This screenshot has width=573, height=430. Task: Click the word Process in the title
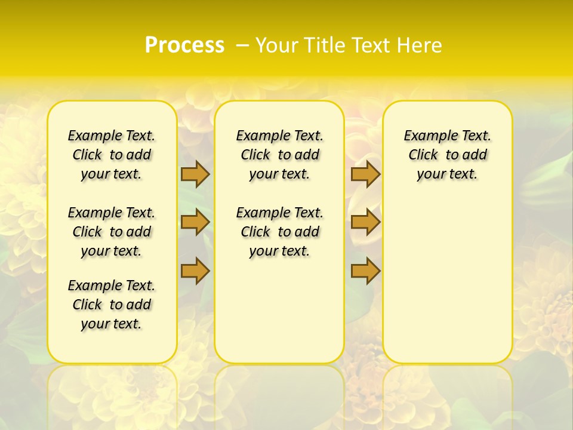184,45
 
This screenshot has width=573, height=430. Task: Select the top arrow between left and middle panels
195,174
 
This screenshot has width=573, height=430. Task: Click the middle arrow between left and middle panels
195,222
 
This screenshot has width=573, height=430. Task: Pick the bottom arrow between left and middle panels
195,271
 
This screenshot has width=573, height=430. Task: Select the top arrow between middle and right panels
365,174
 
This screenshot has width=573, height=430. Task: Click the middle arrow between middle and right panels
365,222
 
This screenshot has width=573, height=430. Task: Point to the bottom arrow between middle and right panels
365,271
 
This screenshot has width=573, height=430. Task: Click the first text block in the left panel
112,155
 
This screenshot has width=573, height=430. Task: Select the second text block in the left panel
112,232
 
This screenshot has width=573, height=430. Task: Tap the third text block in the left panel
112,305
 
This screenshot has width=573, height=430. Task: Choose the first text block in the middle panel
279,155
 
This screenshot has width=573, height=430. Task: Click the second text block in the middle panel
279,232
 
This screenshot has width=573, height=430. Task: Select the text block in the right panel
447,155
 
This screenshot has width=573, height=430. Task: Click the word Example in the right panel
427,136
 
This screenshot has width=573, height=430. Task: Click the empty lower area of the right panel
447,287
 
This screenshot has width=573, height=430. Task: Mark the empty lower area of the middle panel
279,311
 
